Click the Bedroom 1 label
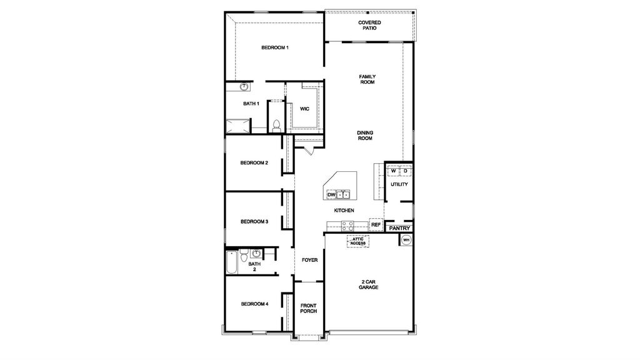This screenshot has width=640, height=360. tap(274, 47)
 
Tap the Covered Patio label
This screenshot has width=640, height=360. tap(369, 25)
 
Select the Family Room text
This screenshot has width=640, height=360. tap(367, 79)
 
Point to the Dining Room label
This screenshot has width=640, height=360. tap(365, 135)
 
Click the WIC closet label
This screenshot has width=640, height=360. tap(304, 109)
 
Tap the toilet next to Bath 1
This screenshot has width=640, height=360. tap(276, 122)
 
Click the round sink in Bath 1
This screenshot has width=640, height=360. tap(244, 87)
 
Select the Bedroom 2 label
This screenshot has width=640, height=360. tap(254, 163)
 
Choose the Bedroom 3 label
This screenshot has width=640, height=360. tap(254, 221)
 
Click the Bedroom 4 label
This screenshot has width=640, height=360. tap(254, 304)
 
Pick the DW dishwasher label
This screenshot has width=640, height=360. tap(331, 195)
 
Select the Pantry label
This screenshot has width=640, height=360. tap(399, 229)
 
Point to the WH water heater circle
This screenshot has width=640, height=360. tap(406, 240)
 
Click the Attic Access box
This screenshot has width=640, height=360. tap(357, 241)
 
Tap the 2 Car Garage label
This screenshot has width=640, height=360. tap(368, 284)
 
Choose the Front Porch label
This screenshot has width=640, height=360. tap(309, 309)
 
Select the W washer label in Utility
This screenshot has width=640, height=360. tap(394, 170)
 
